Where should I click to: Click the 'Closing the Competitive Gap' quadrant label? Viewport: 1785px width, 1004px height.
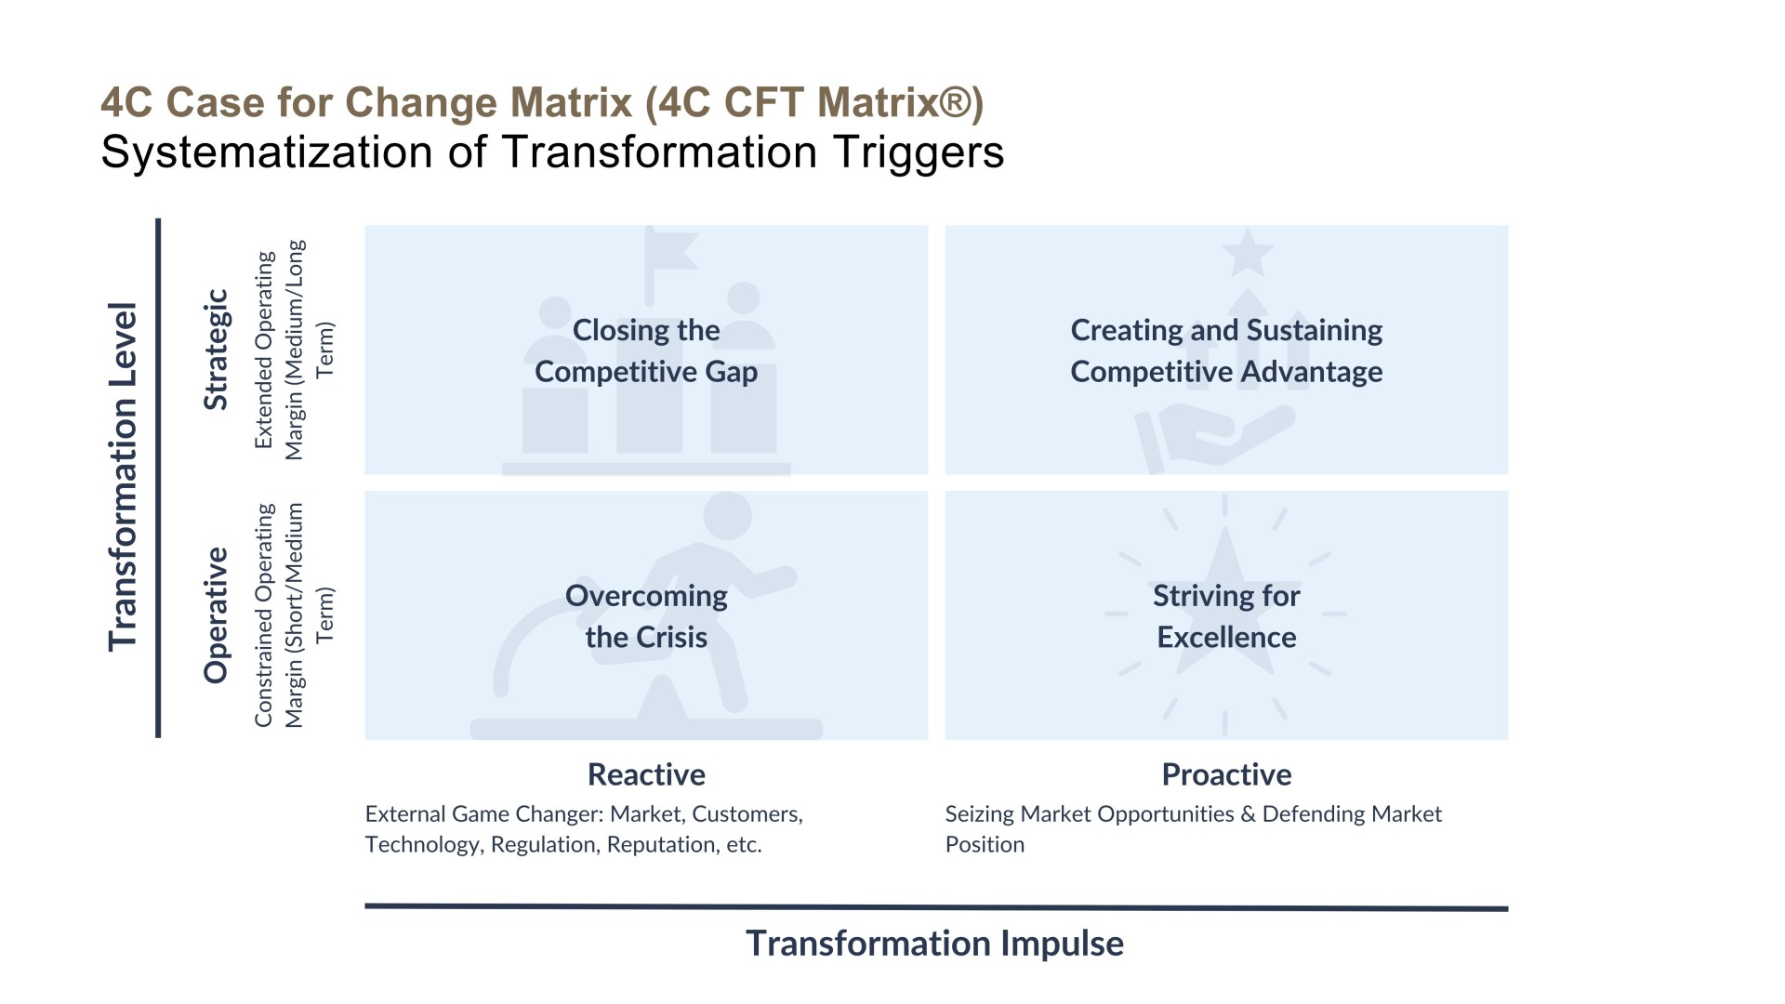click(646, 350)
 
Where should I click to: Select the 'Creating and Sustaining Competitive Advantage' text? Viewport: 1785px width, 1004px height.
click(1226, 350)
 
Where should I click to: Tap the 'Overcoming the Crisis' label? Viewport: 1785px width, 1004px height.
click(646, 616)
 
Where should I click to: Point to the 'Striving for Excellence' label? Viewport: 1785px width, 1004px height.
click(1226, 616)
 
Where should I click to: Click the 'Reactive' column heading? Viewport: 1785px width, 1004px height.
click(646, 774)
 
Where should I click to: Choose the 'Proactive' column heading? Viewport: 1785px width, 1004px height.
click(1226, 774)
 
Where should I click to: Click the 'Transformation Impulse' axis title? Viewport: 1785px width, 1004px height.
click(934, 944)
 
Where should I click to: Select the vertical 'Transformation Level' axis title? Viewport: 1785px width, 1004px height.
click(123, 477)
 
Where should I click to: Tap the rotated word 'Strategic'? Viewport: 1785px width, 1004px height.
click(216, 350)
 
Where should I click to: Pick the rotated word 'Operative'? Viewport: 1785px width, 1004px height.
click(216, 615)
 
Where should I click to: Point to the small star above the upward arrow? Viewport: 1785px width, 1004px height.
click(1247, 253)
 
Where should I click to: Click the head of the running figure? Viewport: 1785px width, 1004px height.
click(727, 516)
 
